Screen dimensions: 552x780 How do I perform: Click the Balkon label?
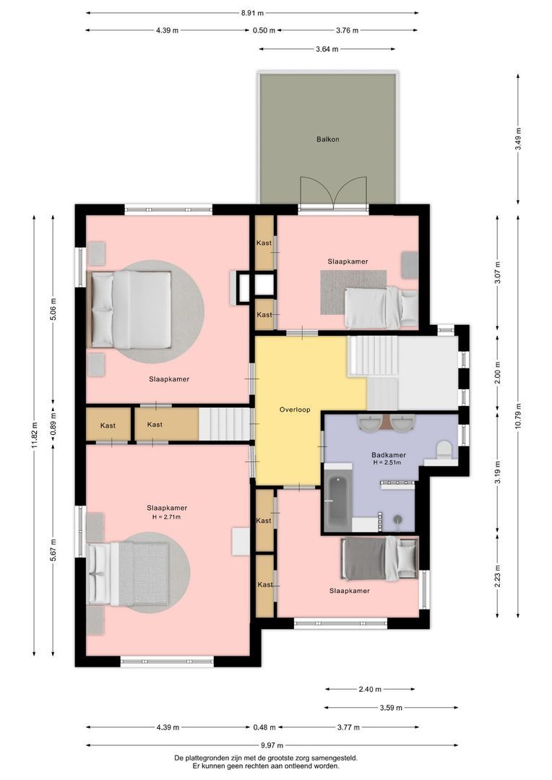[327, 139]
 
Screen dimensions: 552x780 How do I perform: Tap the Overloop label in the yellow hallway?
[295, 410]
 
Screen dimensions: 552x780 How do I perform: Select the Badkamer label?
[389, 455]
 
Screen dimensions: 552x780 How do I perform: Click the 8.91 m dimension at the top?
[252, 14]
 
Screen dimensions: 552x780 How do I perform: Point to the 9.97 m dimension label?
[272, 745]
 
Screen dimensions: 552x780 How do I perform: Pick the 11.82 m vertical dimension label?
[34, 435]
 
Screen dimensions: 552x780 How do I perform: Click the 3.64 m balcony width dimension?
[327, 49]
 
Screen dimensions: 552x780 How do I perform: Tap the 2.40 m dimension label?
[370, 690]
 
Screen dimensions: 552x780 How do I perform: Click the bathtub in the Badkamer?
[338, 502]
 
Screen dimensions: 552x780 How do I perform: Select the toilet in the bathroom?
[443, 450]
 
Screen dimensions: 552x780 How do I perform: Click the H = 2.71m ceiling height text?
[166, 517]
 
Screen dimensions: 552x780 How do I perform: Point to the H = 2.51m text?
[387, 463]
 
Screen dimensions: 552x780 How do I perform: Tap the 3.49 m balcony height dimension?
[518, 139]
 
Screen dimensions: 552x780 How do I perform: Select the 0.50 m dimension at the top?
[264, 30]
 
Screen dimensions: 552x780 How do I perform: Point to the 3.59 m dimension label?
[391, 707]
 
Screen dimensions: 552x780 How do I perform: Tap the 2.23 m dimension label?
[497, 576]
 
